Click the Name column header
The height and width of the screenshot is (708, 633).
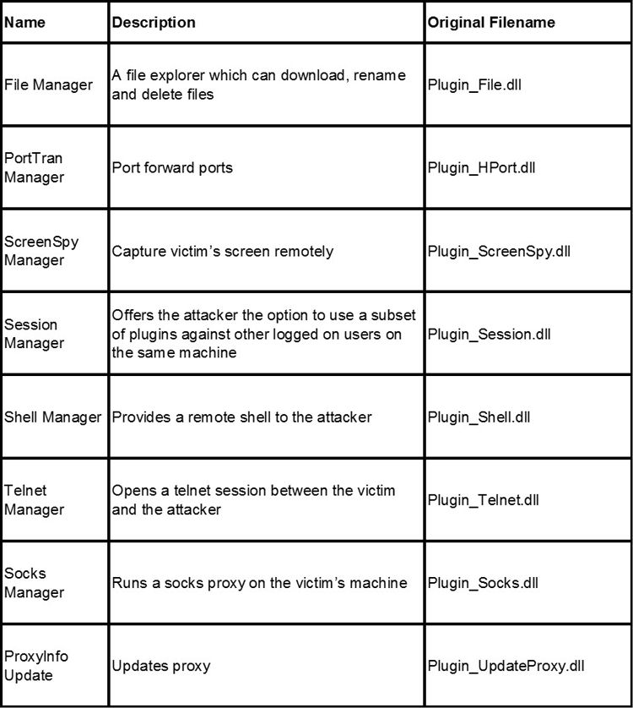tap(22, 23)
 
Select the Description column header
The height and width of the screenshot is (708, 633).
tap(154, 23)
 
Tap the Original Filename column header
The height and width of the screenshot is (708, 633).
tap(491, 23)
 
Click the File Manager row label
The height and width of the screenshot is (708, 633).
tap(49, 85)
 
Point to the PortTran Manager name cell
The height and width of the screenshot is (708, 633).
tap(35, 167)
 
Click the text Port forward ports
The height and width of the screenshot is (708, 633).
tap(172, 167)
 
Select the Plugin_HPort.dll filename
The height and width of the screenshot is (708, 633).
tap(482, 167)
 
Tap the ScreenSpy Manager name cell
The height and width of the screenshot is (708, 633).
tap(41, 251)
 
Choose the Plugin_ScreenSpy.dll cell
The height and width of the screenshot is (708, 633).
tap(500, 251)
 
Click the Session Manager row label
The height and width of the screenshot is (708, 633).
tap(35, 334)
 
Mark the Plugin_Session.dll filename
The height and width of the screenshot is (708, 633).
tap(490, 334)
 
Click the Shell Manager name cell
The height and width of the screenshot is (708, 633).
tap(53, 417)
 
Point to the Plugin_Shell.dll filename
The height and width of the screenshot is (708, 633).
tap(480, 417)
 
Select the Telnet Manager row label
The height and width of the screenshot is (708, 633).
tap(35, 499)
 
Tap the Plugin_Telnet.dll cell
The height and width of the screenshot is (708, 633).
tap(484, 499)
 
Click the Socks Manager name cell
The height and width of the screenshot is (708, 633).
tap(35, 582)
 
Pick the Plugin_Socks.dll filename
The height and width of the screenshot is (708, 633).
tap(483, 582)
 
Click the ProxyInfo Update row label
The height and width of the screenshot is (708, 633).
tap(36, 665)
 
